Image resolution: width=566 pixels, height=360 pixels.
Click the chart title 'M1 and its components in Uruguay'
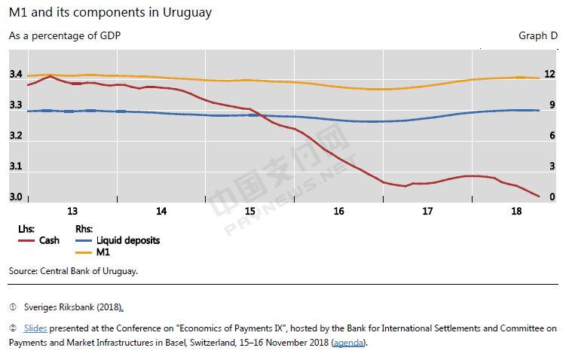pyautogui.click(x=110, y=13)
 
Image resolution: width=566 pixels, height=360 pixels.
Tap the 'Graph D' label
pyautogui.click(x=537, y=35)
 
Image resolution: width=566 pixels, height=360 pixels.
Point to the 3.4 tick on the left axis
pyautogui.click(x=16, y=75)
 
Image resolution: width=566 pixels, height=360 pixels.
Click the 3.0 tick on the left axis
pyautogui.click(x=16, y=197)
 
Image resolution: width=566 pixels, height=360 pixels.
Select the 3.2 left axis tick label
pyautogui.click(x=16, y=136)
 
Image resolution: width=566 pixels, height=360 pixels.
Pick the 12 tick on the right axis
pyautogui.click(x=549, y=75)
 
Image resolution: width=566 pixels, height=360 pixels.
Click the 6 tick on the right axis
pyautogui.click(x=552, y=136)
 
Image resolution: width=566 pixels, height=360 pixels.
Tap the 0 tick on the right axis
pyautogui.click(x=552, y=197)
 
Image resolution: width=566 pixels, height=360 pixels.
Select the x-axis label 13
pyautogui.click(x=72, y=212)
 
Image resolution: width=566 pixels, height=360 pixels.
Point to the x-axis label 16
pyautogui.click(x=339, y=212)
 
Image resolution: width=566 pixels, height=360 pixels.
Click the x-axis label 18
pyautogui.click(x=517, y=212)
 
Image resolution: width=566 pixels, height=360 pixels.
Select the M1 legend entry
pyautogui.click(x=103, y=252)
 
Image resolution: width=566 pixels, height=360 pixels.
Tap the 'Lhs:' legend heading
pyautogui.click(x=26, y=228)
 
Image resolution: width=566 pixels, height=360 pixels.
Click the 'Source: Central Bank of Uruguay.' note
pyautogui.click(x=73, y=270)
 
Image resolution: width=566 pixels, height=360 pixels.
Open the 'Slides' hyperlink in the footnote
pyautogui.click(x=35, y=328)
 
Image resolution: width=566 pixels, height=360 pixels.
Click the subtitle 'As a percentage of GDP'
pyautogui.click(x=64, y=35)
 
